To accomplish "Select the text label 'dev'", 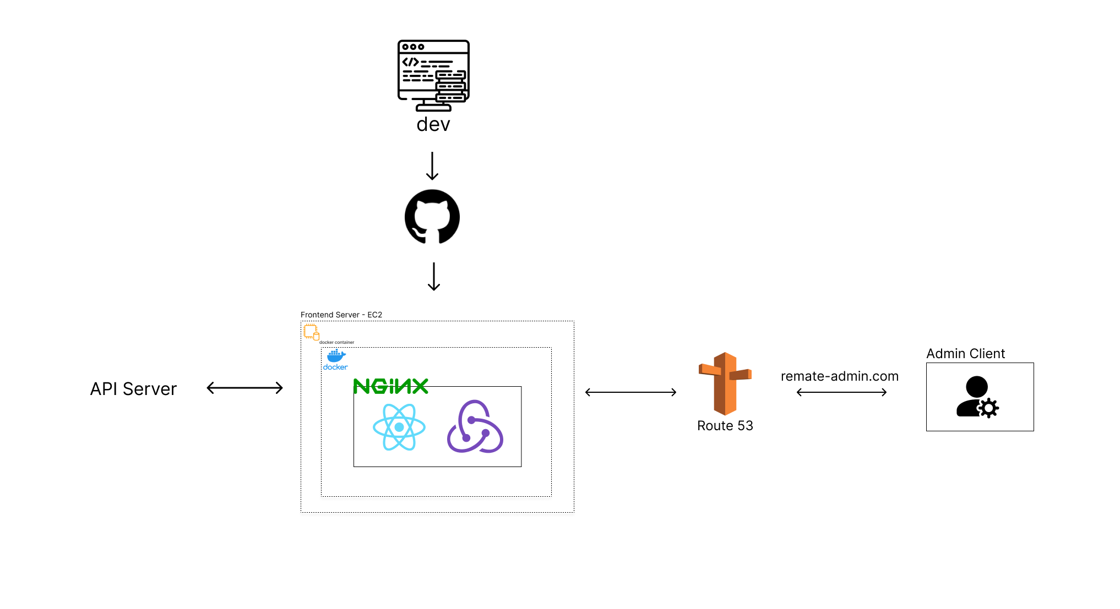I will pos(433,124).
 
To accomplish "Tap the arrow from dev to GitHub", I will pos(432,166).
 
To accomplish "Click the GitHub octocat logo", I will pos(432,217).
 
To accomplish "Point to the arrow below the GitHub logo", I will pos(434,276).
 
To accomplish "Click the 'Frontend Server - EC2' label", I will pos(341,315).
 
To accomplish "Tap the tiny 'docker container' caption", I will pos(336,342).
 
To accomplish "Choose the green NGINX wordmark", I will pos(390,386).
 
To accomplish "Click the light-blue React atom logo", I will pos(399,427).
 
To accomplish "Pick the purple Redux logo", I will pos(475,427).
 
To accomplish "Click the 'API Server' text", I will pos(133,389).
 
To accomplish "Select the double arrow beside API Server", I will pos(244,388).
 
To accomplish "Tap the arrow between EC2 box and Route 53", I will pos(630,392).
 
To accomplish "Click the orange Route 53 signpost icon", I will pos(725,383).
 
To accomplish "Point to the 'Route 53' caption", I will pos(725,426).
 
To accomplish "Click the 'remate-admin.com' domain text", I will pos(839,376).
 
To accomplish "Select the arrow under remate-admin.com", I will pos(841,392).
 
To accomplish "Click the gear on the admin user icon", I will pos(988,408).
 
